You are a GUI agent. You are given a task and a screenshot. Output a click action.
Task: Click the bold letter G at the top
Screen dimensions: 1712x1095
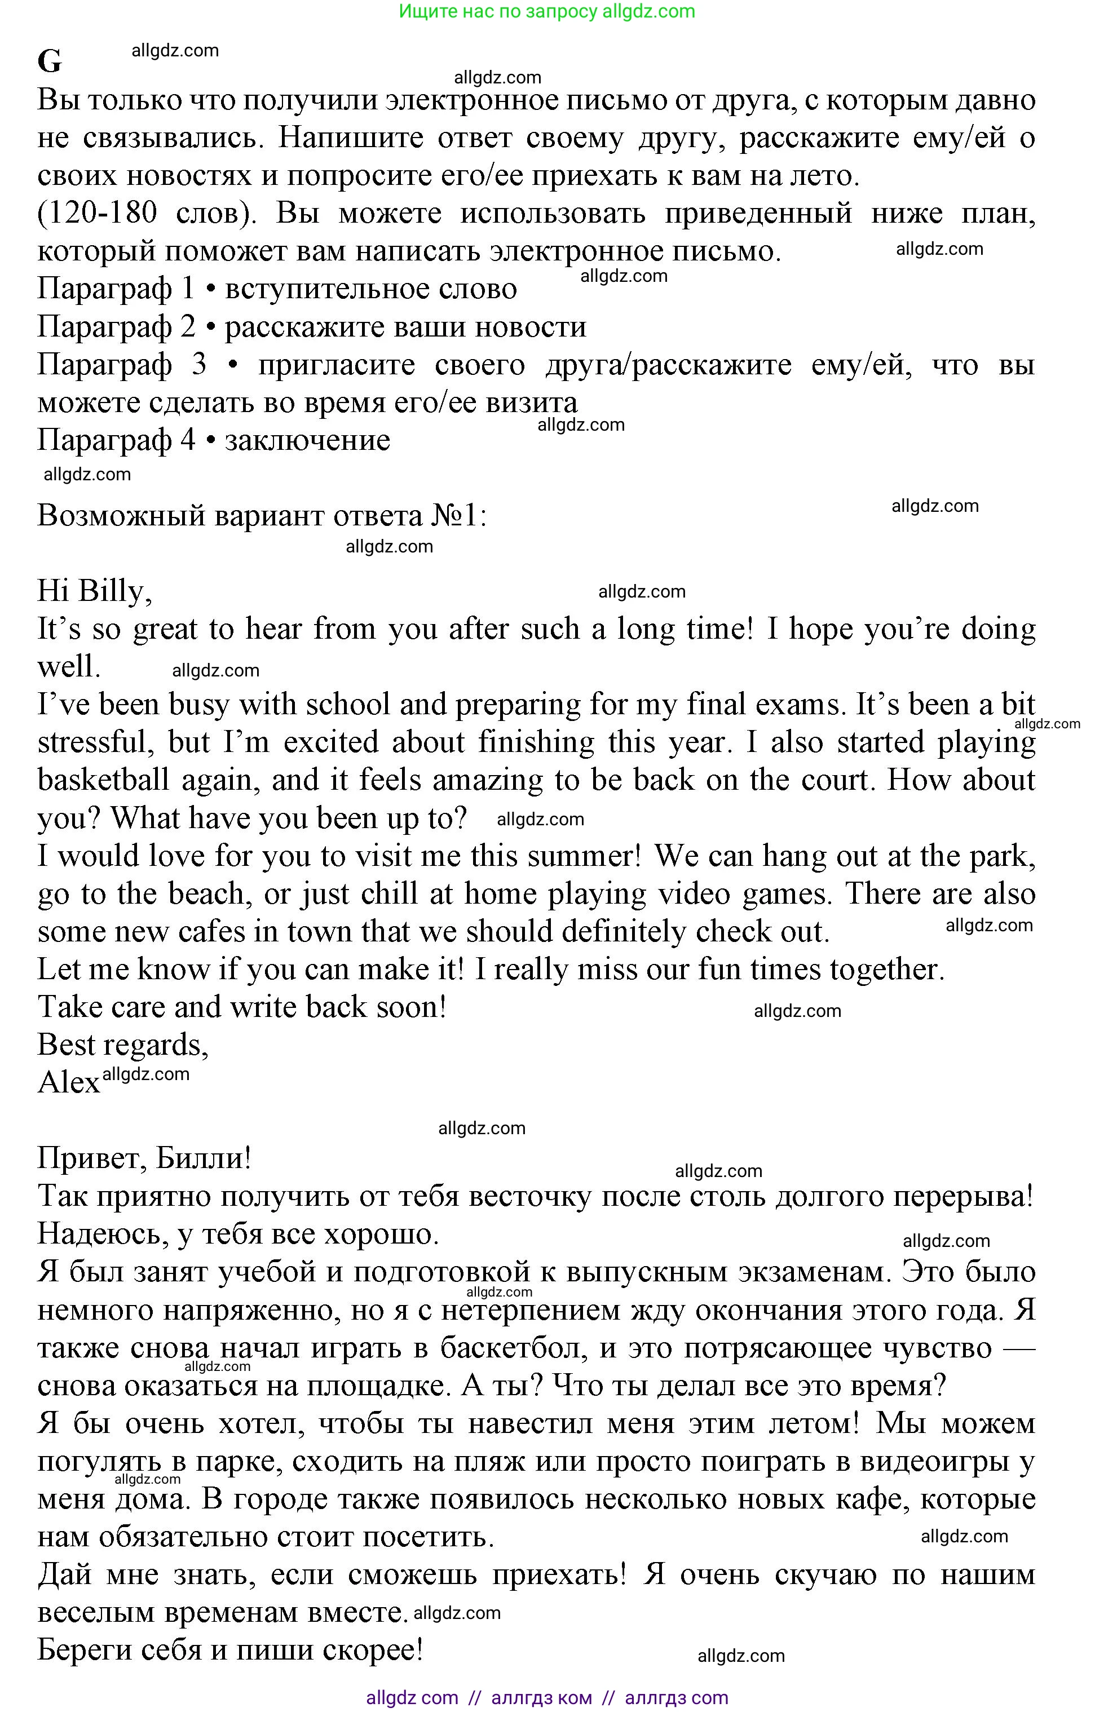click(x=50, y=62)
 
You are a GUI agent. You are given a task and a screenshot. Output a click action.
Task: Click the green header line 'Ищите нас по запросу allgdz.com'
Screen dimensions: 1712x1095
click(x=547, y=11)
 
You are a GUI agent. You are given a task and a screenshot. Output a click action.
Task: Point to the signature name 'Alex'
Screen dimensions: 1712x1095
click(x=68, y=1083)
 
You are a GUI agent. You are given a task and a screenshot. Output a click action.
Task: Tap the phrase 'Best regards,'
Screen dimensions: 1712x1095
click(x=122, y=1045)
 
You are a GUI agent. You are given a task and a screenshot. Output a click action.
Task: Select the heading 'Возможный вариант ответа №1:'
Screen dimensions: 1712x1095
click(x=262, y=515)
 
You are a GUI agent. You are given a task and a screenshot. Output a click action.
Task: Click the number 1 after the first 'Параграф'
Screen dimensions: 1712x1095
click(x=188, y=289)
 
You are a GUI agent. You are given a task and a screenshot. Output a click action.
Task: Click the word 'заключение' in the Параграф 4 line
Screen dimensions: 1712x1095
click(x=307, y=440)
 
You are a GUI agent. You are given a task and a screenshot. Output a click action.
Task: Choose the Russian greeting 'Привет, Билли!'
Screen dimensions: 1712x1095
click(x=144, y=1159)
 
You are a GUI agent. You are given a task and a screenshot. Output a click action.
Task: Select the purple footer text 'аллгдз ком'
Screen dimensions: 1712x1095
click(x=541, y=1698)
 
